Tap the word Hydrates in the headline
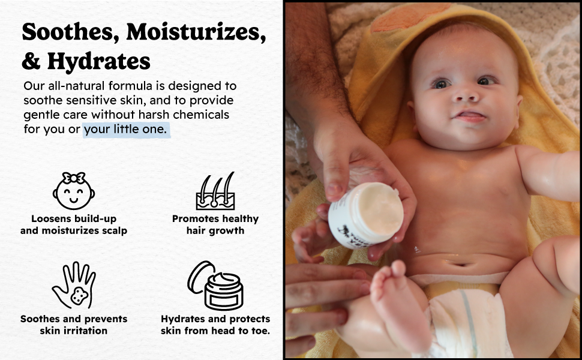(99, 61)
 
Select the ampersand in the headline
(31, 62)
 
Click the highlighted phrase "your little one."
(125, 129)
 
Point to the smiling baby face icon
(73, 191)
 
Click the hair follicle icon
(215, 191)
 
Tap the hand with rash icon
(74, 285)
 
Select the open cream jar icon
(215, 285)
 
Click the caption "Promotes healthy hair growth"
(215, 224)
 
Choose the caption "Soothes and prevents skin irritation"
(73, 325)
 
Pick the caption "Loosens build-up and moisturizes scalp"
(73, 224)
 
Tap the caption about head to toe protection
(215, 325)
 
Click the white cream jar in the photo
(365, 215)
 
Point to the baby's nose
(466, 95)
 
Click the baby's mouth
(470, 116)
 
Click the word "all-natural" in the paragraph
(76, 86)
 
